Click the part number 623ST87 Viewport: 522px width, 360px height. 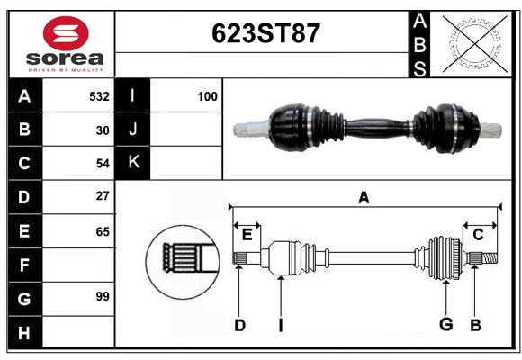coord(265,33)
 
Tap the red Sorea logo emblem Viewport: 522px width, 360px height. coord(66,33)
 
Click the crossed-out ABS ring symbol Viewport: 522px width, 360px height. coord(475,43)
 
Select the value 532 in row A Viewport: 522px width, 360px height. coord(99,96)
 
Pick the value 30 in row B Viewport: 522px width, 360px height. coord(103,130)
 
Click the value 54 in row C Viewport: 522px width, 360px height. coord(103,164)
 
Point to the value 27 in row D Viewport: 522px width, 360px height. coord(103,196)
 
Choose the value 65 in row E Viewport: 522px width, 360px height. coord(103,231)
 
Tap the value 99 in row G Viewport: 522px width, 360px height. coord(103,296)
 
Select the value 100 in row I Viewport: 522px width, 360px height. coord(207,96)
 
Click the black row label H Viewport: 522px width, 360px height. coord(25,332)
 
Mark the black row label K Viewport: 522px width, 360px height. coord(133,163)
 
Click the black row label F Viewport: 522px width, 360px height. coord(25,265)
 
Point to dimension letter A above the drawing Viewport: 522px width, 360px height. coord(364,198)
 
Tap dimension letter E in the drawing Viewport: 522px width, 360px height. coord(247,235)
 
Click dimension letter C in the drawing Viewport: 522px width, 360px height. coord(478,235)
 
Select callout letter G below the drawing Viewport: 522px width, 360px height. coord(446,324)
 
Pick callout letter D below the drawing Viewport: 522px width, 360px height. coord(239,325)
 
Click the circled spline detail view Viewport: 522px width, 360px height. coord(183,262)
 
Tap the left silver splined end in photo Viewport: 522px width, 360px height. coord(251,129)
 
